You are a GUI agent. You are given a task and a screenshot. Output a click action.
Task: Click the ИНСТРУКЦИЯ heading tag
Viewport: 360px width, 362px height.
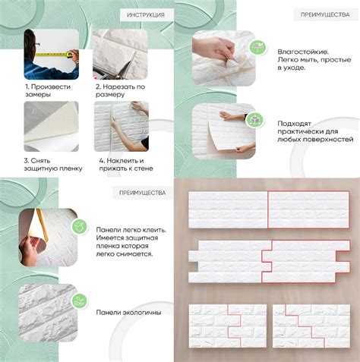pyautogui.click(x=146, y=15)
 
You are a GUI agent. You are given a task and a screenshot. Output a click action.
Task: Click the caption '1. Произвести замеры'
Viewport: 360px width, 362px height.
pyautogui.click(x=48, y=90)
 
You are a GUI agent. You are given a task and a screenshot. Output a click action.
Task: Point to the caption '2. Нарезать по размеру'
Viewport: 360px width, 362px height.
pyautogui.click(x=120, y=90)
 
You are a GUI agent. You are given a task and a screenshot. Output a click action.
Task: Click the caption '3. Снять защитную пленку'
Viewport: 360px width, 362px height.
pyautogui.click(x=53, y=165)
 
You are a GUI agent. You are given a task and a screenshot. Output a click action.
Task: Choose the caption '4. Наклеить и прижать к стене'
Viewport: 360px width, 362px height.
pyautogui.click(x=126, y=165)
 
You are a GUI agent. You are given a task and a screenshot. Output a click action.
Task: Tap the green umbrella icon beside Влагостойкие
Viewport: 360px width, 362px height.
pyautogui.click(x=257, y=47)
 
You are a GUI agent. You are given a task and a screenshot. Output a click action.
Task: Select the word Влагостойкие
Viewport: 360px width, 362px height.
pyautogui.click(x=303, y=52)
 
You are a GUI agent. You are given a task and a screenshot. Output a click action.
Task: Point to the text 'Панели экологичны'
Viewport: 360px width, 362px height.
pyautogui.click(x=128, y=313)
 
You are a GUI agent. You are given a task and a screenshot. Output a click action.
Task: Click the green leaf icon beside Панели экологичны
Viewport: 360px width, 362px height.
pyautogui.click(x=79, y=301)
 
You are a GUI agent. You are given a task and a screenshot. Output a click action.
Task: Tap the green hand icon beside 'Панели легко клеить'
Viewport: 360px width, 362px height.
pyautogui.click(x=79, y=226)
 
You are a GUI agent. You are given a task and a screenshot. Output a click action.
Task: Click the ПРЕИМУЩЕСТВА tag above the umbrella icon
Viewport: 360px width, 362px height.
pyautogui.click(x=325, y=14)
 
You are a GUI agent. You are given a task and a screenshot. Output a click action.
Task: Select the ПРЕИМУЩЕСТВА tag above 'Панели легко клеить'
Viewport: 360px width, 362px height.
pyautogui.click(x=142, y=193)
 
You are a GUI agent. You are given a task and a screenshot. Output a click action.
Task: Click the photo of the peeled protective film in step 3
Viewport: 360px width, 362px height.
pyautogui.click(x=52, y=127)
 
